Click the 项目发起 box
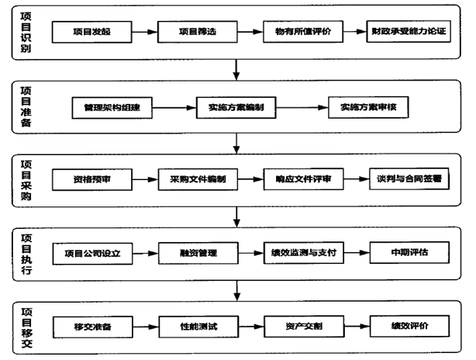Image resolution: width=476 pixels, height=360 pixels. click(91, 33)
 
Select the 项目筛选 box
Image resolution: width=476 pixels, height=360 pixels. click(197, 33)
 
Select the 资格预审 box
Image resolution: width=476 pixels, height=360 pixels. click(91, 179)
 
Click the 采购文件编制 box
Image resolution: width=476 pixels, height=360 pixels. click(197, 179)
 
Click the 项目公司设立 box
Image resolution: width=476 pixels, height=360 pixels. click(91, 253)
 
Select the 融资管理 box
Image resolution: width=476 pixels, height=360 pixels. click(197, 253)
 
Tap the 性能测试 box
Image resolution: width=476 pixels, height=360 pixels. click(197, 326)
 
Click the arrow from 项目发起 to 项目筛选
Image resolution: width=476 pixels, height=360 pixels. click(144, 33)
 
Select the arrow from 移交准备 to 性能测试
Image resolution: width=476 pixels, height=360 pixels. click(144, 326)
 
